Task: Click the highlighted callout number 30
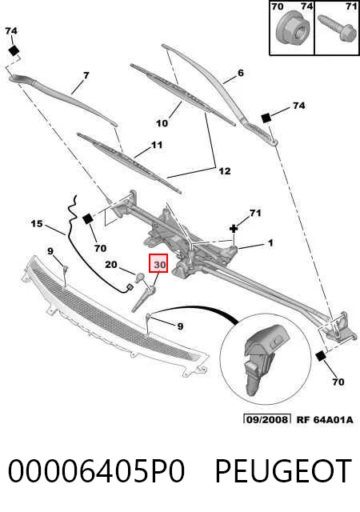coord(158,263)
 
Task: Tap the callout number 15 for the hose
coord(37,224)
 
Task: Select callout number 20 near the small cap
coord(111,264)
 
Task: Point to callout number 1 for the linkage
coord(270,243)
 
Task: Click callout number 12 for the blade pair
coord(225,171)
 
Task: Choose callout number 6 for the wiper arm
coord(241,73)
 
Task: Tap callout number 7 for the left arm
coord(86,76)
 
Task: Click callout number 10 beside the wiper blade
coord(162,123)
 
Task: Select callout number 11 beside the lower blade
coord(157,145)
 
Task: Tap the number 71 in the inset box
coord(350,6)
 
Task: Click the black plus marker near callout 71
coord(234,228)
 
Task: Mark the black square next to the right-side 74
coord(266,118)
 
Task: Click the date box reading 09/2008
coord(267,419)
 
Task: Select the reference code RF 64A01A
coord(325,419)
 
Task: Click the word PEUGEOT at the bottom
coord(283,470)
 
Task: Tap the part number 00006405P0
coord(96,470)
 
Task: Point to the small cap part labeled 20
coord(140,278)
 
